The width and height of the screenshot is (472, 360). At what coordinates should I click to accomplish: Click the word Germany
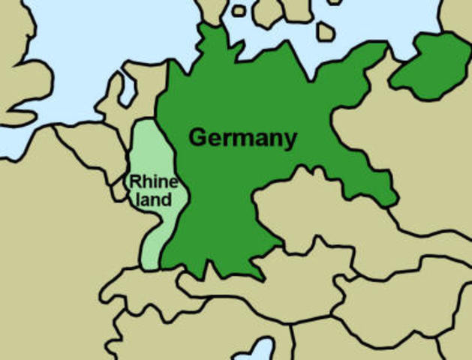coord(242,138)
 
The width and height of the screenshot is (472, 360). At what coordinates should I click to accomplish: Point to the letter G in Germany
coord(197,138)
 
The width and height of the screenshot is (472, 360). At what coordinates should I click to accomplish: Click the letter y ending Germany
coord(290,141)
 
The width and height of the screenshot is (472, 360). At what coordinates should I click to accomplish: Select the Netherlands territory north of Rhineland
coord(135,101)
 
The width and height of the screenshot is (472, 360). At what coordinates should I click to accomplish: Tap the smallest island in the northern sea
coord(239,10)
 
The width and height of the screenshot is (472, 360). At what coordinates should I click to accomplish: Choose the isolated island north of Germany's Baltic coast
coord(326,31)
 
